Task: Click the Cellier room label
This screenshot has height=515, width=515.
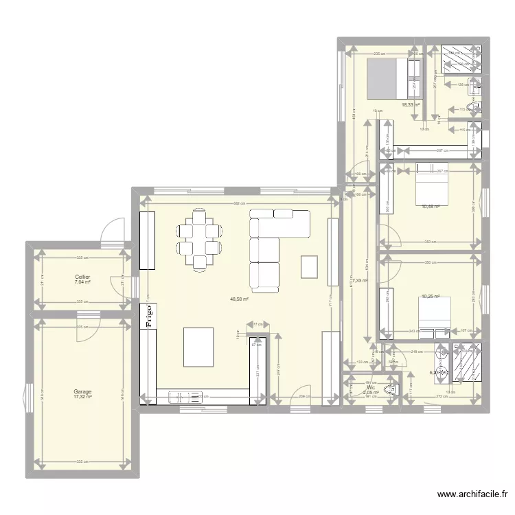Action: (83, 277)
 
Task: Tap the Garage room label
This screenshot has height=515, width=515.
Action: (83, 391)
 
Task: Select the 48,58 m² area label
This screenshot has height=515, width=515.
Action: (239, 299)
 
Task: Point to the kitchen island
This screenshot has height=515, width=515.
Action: (198, 347)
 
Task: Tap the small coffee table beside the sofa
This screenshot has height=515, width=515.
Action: (310, 266)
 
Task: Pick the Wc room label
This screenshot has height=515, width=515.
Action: (371, 387)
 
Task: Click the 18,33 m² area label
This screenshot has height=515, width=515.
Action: (411, 105)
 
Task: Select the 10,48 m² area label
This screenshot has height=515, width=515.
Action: (431, 205)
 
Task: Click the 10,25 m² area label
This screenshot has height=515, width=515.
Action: (431, 297)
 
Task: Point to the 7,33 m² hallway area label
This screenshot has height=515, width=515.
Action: (360, 280)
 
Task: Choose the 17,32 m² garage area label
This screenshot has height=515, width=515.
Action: (83, 398)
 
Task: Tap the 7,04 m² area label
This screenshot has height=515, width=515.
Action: (83, 282)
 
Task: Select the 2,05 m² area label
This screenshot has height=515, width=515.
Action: (371, 393)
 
